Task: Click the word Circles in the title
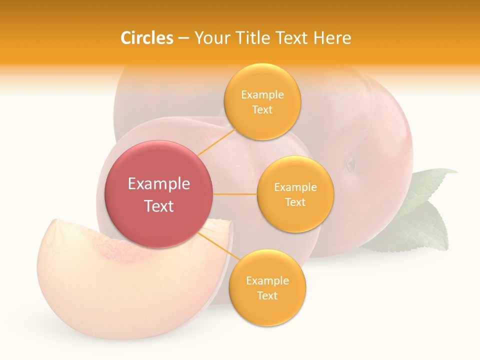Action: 146,38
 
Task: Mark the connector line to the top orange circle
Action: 216,142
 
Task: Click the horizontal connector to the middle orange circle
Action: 235,194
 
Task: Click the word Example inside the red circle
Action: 159,184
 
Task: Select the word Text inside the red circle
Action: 159,206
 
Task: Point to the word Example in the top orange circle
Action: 262,95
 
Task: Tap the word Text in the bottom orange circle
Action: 267,296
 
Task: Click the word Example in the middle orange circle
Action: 295,187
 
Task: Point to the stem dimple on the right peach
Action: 351,163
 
